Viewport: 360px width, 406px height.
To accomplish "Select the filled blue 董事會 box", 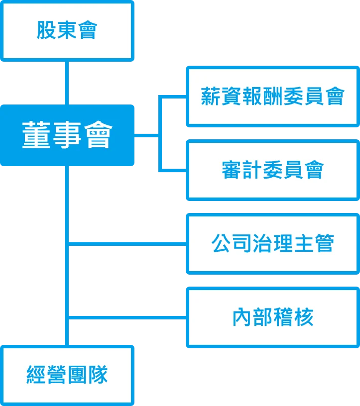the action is click(x=67, y=135).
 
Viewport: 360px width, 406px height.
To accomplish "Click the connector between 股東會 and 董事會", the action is click(x=67, y=83).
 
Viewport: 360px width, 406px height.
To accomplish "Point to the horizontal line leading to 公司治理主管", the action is click(x=127, y=244).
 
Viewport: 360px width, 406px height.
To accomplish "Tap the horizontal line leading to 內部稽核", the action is click(x=127, y=317).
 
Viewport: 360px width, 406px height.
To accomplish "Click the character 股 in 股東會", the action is click(x=46, y=30).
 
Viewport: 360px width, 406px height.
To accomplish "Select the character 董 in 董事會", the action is click(x=36, y=135).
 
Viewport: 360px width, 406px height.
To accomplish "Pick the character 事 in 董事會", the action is click(x=67, y=135).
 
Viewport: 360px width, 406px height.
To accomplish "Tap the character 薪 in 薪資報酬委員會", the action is click(x=211, y=96).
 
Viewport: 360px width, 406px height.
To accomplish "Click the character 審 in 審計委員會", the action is click(x=232, y=170).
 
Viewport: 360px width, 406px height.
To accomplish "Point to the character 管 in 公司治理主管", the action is click(x=325, y=243).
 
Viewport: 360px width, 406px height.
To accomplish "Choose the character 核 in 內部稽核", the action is click(x=304, y=317).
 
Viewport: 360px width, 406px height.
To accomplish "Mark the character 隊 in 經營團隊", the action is click(x=98, y=375).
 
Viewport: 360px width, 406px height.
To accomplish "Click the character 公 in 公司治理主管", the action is click(x=221, y=243).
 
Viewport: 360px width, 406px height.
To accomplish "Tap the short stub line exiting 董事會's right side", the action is click(x=146, y=135).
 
